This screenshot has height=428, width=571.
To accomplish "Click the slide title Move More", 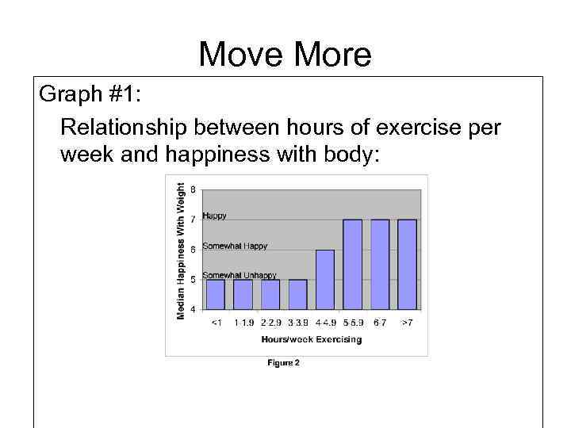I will coord(285,54).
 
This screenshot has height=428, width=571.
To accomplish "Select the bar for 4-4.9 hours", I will coord(325,279).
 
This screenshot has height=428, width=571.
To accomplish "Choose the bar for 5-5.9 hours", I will coord(352,264).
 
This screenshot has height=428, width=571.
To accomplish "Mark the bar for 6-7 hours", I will coord(380,264).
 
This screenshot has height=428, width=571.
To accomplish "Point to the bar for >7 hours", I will coord(407,264).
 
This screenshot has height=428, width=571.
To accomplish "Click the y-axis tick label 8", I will coord(194,189).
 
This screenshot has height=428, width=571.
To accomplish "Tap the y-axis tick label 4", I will coord(194,308).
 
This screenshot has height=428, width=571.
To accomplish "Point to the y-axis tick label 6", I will coord(194,249).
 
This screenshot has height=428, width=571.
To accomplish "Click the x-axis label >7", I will coord(407,323).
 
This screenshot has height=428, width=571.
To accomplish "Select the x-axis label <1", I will coord(216,323).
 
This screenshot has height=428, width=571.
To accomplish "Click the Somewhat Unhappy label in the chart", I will coord(240,275).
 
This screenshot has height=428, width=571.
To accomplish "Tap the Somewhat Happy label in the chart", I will coord(235,246).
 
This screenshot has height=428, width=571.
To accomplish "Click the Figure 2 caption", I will coord(283,364).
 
